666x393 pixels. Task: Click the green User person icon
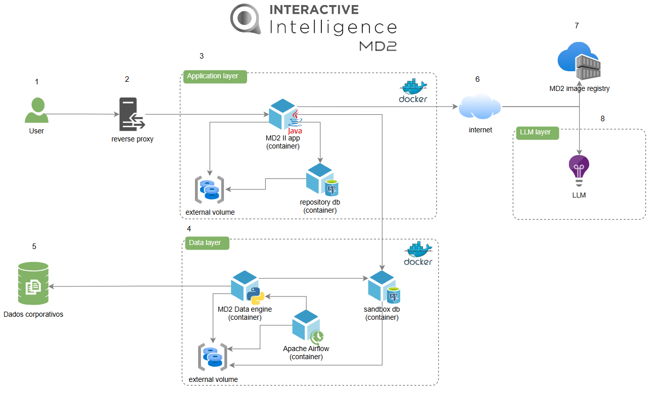(36, 111)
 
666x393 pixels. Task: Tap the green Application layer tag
(215, 76)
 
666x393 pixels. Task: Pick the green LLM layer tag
(537, 132)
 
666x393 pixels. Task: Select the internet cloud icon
(480, 107)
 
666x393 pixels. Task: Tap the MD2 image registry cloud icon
(579, 62)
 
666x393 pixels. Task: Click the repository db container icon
(321, 180)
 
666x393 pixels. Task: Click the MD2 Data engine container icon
(247, 287)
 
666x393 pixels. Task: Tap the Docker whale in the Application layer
(413, 90)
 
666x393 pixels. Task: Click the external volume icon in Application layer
(210, 190)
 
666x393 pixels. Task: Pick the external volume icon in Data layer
(212, 357)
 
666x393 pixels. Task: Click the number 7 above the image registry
(577, 26)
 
